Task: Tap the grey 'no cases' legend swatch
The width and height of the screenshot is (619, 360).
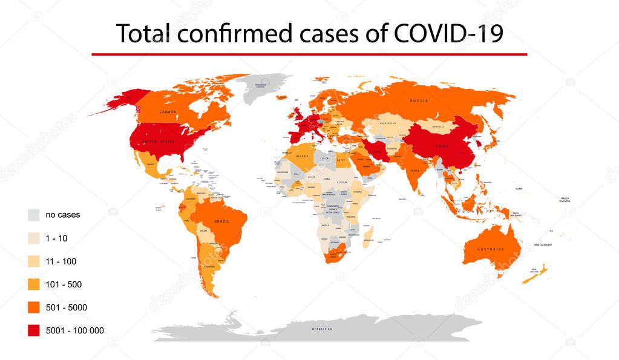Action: click(34, 215)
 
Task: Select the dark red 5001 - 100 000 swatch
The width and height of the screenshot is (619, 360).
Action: click(34, 330)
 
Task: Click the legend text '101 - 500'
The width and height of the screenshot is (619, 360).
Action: click(64, 284)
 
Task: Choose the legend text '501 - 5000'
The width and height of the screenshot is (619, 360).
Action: click(66, 307)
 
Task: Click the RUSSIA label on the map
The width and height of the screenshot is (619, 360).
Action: click(419, 100)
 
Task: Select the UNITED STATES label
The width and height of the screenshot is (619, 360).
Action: click(159, 142)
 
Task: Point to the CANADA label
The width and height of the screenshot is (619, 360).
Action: click(168, 112)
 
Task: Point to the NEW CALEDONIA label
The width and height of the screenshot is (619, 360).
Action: click(543, 245)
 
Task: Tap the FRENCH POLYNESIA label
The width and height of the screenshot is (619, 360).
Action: click(565, 200)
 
